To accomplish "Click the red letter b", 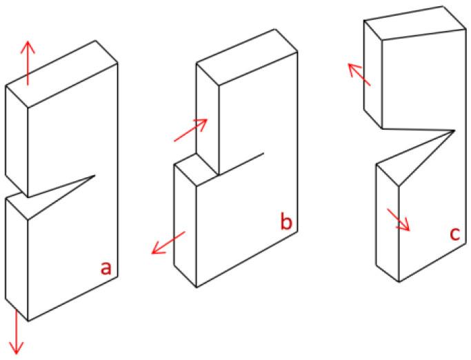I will pyautogui.click(x=284, y=222).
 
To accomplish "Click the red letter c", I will pyautogui.click(x=454, y=234).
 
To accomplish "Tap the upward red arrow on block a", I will pyautogui.click(x=28, y=62).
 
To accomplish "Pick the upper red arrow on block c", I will pyautogui.click(x=359, y=74).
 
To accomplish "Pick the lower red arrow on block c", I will pyautogui.click(x=399, y=219).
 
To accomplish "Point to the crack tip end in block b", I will pyautogui.click(x=263, y=152).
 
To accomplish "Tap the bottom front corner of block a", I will pyautogui.click(x=28, y=321).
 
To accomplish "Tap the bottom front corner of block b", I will pyautogui.click(x=197, y=287).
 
